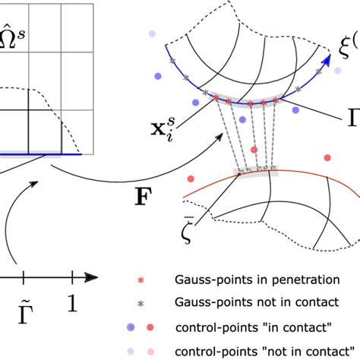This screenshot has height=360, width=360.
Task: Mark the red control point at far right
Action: click(x=327, y=158)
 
